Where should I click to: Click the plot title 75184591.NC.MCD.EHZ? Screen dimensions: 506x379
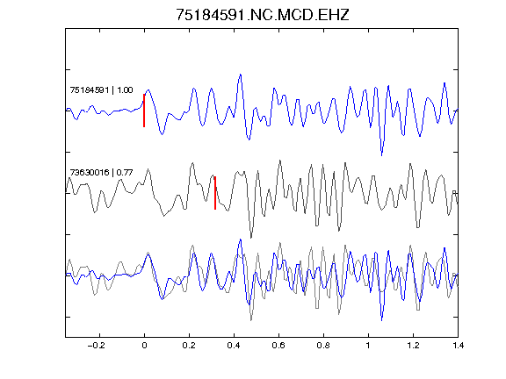coord(263,15)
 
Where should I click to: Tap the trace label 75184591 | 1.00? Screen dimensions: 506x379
coord(101,89)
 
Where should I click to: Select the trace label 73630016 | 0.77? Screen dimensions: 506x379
coord(101,173)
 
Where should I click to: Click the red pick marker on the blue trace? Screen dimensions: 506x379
coord(144,111)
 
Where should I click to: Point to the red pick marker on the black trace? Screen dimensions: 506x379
coord(215,193)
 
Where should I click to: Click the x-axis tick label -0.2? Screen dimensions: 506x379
coord(96,346)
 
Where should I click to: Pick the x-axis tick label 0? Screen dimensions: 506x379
coord(144,346)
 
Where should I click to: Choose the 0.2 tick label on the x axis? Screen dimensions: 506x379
coord(189,346)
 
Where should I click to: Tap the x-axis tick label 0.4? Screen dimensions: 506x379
coord(234,346)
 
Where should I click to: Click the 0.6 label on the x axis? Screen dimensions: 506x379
coord(278,346)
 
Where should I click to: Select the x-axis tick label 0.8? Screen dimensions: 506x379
coord(323,346)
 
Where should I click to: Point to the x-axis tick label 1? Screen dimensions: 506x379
coord(368,346)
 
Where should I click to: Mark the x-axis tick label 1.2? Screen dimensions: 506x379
coord(413,346)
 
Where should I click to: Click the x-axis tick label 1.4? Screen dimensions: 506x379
coord(458,346)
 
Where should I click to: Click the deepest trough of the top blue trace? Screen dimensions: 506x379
coord(382,155)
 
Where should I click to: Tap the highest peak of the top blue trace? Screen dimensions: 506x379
coord(241,75)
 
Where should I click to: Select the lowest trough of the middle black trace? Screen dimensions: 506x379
coord(251,238)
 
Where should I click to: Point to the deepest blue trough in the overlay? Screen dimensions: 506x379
coord(382,320)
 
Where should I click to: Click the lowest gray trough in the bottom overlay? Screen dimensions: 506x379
coord(251,320)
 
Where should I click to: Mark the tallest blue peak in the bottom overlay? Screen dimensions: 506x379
coord(241,240)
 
